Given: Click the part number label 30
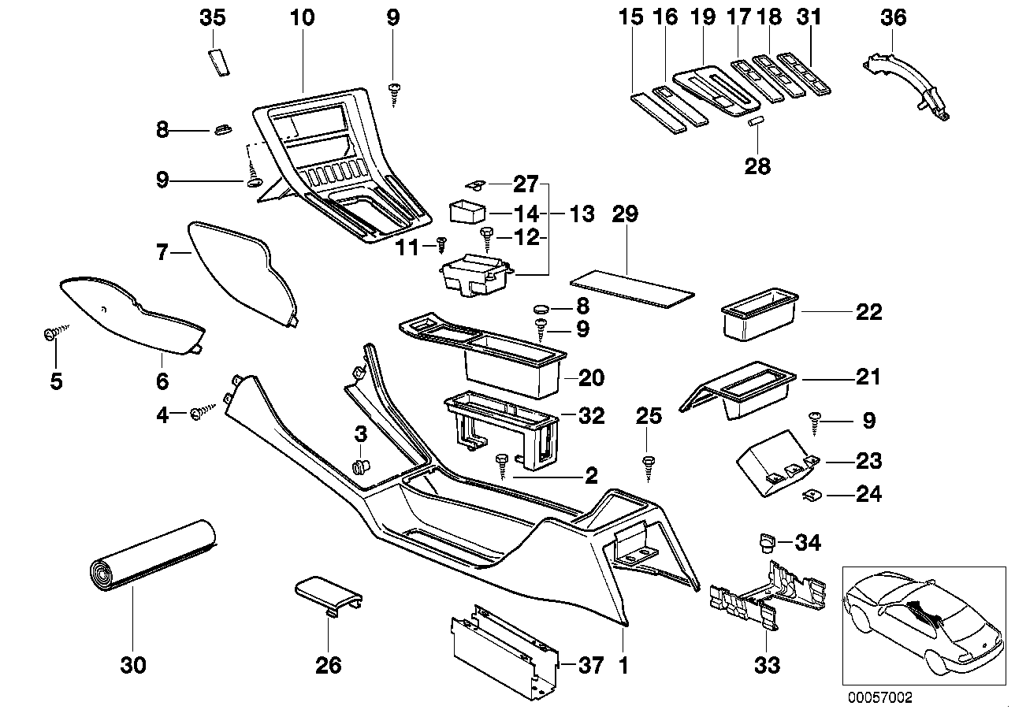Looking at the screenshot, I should pyautogui.click(x=133, y=666).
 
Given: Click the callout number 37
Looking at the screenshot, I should pyautogui.click(x=591, y=666).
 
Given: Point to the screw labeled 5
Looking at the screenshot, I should pyautogui.click(x=51, y=336).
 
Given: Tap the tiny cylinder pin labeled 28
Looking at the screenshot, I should pyautogui.click(x=757, y=121).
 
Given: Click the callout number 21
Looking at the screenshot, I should pyautogui.click(x=868, y=377).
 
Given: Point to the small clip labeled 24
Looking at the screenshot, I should pyautogui.click(x=810, y=495).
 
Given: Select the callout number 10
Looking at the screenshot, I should pyautogui.click(x=302, y=17).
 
